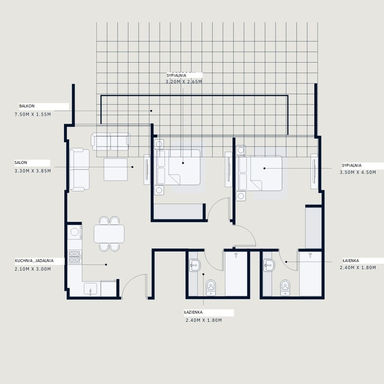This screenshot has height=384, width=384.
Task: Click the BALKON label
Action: (x=27, y=106)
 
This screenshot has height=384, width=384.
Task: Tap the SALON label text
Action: (x=21, y=162)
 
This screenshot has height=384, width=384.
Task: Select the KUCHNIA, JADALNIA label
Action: (x=34, y=260)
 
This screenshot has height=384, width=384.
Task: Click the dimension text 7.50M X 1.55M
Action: (x=33, y=114)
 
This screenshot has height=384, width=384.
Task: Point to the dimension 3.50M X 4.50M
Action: (x=358, y=172)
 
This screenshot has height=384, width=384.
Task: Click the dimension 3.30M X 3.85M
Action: (x=33, y=171)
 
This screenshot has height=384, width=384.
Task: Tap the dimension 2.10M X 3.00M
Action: (x=33, y=269)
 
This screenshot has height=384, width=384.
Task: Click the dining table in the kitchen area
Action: (x=109, y=234)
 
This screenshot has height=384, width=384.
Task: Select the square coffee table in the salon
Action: (x=115, y=169)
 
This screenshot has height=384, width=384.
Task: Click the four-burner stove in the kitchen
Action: (x=74, y=256)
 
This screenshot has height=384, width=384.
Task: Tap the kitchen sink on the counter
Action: (x=90, y=288)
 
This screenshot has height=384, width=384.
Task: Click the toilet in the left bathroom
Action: (x=211, y=288)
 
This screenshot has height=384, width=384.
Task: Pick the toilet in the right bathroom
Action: (x=285, y=288)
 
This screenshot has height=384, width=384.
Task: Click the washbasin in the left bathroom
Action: (x=194, y=265)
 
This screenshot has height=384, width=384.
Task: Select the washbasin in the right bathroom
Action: (x=269, y=265)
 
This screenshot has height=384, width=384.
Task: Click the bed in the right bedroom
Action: (x=260, y=173)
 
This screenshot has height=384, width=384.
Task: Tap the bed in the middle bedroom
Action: (x=178, y=167)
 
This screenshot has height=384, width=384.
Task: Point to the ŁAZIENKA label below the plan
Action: (x=193, y=312)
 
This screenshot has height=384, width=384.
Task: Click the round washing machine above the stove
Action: (x=74, y=231)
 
